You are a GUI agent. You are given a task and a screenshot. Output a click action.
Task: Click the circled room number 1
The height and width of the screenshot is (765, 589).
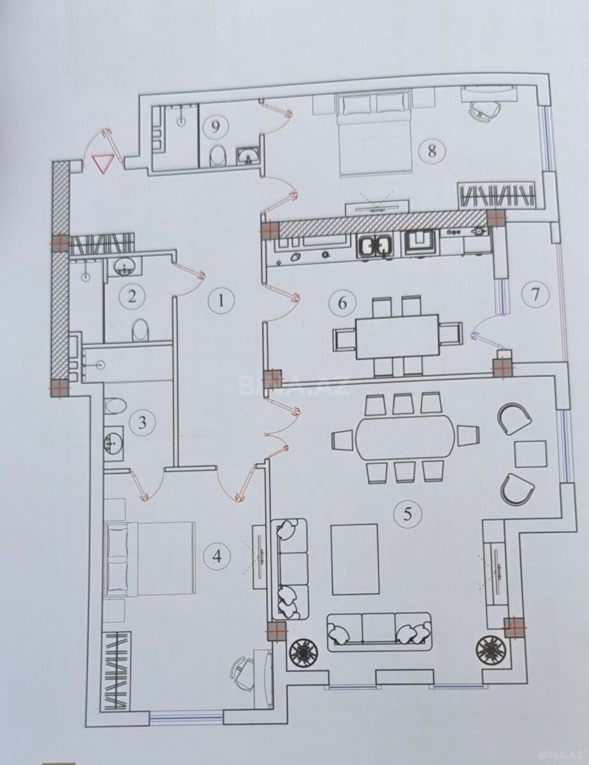coord(221,302)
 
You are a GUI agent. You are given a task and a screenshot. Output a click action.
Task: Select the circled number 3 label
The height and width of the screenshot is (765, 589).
coord(142,423)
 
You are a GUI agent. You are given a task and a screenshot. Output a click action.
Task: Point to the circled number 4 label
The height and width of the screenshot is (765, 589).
coord(217,557)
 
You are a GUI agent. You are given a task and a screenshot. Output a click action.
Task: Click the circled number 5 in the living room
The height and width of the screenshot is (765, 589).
coord(408,514)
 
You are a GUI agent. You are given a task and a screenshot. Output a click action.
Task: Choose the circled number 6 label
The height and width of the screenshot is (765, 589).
coord(342,303)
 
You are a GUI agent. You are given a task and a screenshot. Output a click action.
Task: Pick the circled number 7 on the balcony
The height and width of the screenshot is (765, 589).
coord(535,294)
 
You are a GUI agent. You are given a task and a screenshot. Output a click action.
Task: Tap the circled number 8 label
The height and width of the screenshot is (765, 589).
coord(432,151)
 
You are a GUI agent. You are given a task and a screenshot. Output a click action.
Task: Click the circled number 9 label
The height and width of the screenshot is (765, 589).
coord(215,127)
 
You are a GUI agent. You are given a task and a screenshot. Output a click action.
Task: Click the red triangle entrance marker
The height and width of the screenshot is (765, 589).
coord(103,162)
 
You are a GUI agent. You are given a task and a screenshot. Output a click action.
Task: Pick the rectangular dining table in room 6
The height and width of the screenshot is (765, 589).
coord(398,337)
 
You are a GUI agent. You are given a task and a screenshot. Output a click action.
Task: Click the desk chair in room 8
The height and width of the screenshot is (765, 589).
coord(485,110)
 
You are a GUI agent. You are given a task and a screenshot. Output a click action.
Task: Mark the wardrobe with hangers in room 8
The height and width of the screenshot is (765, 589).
coord(498,194)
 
